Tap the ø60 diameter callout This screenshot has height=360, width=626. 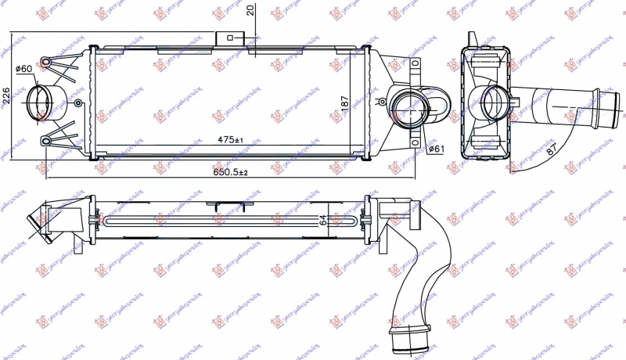tap(25, 70)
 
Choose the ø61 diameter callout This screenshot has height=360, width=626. tap(437, 148)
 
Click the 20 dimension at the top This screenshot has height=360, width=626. tap(250, 11)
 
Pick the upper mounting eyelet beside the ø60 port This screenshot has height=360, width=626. tap(48, 62)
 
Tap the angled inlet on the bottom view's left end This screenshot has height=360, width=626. tap(34, 222)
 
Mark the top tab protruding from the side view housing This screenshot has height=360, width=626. tap(472, 39)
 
